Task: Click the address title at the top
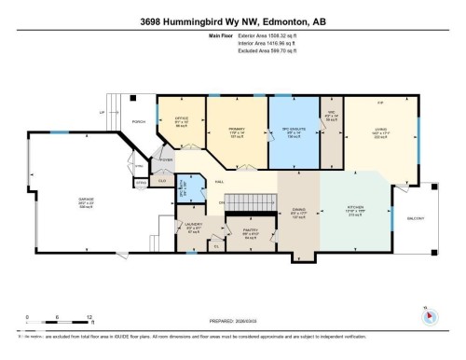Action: click(x=232, y=21)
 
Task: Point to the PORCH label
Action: click(x=139, y=122)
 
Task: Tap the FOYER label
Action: click(x=169, y=160)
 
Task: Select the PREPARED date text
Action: click(x=232, y=316)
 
